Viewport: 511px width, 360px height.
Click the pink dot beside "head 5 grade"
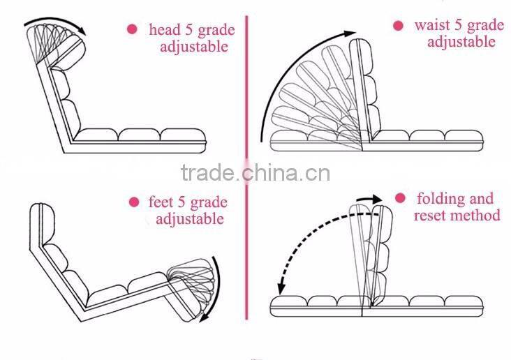[131, 29]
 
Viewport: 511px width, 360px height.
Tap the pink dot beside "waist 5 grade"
[398, 26]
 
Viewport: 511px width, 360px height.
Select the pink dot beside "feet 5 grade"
[133, 202]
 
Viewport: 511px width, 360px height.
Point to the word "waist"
[432, 26]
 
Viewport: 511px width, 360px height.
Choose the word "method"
[477, 216]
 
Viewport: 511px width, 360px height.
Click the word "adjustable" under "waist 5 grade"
[461, 43]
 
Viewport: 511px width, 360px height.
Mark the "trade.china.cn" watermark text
[256, 172]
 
